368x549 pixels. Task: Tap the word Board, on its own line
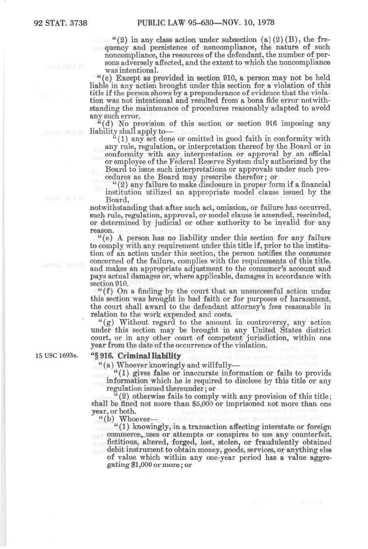pyautogui.click(x=117, y=200)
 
